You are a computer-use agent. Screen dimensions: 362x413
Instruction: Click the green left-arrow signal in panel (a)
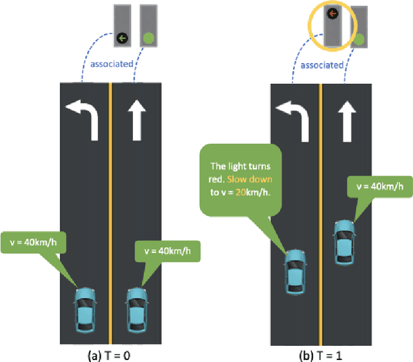tap(122, 38)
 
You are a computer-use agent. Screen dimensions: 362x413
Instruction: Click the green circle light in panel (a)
tap(149, 38)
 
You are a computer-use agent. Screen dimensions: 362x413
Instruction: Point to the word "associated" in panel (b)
tap(322, 65)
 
